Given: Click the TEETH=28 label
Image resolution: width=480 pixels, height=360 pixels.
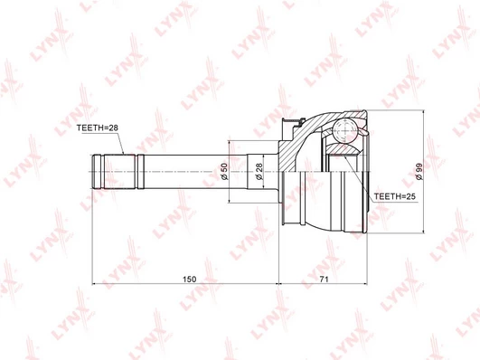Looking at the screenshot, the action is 98,128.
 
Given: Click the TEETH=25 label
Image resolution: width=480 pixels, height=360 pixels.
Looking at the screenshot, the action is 395,196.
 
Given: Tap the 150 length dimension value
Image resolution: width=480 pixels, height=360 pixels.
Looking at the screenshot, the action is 189,279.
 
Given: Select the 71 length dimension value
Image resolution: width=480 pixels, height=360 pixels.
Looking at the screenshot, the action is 324,279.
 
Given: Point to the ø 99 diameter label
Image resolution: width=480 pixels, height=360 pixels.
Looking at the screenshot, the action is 419,171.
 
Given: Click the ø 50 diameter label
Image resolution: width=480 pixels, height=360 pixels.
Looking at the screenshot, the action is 224,172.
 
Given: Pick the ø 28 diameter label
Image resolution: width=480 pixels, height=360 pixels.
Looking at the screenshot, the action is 259,172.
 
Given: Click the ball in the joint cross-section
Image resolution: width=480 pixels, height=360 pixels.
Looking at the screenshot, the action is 345,131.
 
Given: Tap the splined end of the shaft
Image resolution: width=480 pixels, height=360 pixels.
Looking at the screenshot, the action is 114,172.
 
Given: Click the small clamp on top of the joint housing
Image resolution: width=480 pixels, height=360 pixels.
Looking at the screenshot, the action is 293,123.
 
